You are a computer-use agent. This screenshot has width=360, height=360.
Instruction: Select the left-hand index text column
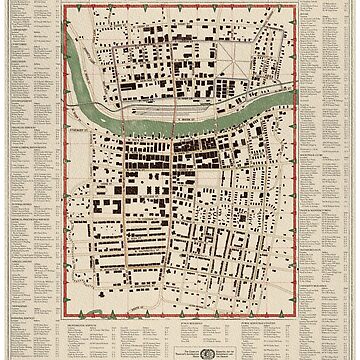[27, 150]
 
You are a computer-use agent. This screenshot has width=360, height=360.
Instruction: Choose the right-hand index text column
[331, 150]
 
